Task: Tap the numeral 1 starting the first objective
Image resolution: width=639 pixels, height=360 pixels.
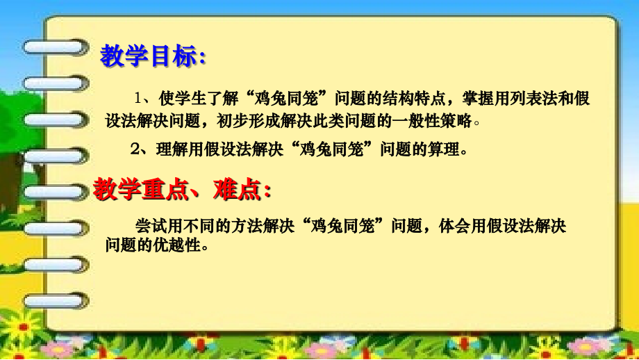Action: pos(138,98)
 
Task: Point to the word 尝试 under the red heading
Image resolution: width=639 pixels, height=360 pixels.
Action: pos(147,226)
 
